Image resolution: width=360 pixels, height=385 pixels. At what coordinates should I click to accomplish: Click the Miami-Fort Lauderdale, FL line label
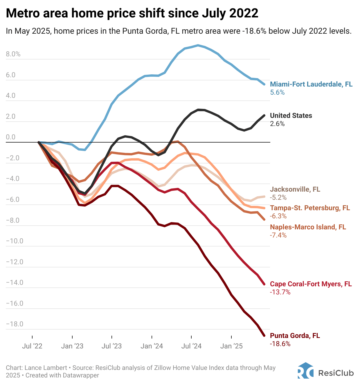[311, 84]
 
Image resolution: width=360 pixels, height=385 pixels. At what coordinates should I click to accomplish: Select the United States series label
[291, 116]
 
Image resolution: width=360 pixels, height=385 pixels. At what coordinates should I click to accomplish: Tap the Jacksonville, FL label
[295, 189]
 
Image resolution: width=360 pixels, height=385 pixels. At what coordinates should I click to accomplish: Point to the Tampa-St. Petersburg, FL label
[310, 208]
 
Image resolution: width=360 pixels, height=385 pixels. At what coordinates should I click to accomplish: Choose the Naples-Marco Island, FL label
[308, 227]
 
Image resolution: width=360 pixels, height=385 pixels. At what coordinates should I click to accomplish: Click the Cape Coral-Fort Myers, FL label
[311, 284]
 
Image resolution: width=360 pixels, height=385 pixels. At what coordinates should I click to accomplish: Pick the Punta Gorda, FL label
[295, 336]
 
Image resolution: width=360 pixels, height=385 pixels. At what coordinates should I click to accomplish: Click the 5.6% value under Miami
[277, 93]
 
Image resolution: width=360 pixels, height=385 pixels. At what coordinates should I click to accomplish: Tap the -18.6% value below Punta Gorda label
[280, 344]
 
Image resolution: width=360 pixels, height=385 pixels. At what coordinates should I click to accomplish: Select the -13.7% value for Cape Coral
[280, 292]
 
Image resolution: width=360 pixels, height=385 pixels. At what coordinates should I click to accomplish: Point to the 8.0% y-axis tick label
[13, 54]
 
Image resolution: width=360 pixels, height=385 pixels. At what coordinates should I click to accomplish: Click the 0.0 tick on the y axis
[11, 137]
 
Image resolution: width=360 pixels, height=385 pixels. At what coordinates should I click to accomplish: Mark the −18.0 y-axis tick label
[15, 324]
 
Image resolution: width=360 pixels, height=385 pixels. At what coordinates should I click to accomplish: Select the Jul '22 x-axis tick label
[32, 346]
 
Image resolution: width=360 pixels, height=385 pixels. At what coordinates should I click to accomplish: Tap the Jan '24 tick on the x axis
[152, 346]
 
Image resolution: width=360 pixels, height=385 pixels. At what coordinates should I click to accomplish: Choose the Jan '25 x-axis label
[231, 346]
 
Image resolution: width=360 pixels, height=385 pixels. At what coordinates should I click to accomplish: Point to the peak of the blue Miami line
[198, 45]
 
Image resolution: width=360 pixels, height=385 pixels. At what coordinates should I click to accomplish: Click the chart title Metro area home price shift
[132, 13]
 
